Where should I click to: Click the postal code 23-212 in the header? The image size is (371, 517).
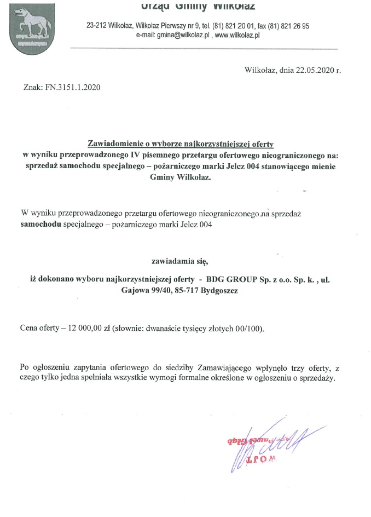pos(97,26)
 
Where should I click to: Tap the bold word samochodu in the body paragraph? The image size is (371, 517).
pos(41,224)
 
